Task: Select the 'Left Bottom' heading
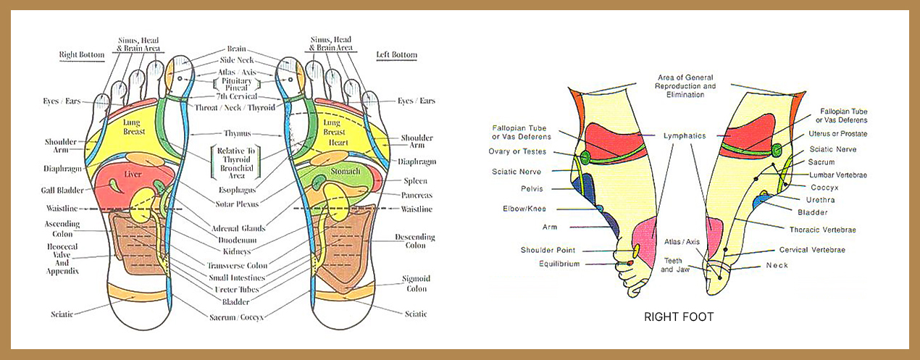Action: pyautogui.click(x=396, y=54)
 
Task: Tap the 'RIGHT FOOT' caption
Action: pyautogui.click(x=679, y=317)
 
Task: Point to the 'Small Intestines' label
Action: pyautogui.click(x=235, y=277)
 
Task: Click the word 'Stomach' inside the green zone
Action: pyautogui.click(x=345, y=172)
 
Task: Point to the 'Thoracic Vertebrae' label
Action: pyautogui.click(x=822, y=230)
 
